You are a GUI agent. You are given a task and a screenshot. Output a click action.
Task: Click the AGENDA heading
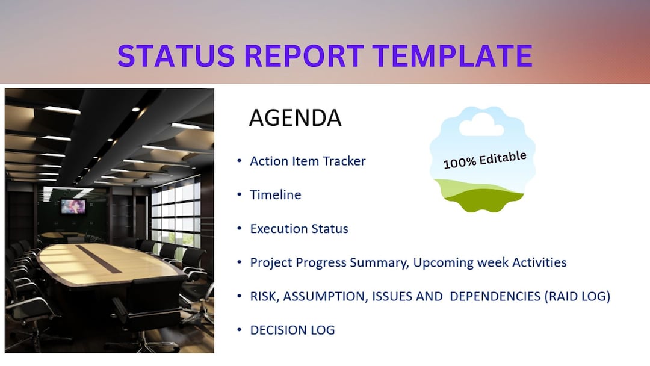coord(295,118)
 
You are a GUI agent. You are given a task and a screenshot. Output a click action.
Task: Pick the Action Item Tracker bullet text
coord(308,161)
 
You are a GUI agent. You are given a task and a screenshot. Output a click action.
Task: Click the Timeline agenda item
coord(276,195)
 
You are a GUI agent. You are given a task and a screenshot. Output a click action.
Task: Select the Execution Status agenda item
coord(299,229)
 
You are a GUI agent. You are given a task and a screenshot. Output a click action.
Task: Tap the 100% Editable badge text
coord(484,160)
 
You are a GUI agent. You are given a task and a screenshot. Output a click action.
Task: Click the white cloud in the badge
coord(481,125)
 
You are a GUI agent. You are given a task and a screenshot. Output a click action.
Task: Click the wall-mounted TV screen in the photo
coord(73,206)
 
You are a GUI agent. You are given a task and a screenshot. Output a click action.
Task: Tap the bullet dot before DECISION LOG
coord(240,330)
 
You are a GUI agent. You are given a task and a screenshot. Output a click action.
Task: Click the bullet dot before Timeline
coord(240,195)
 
